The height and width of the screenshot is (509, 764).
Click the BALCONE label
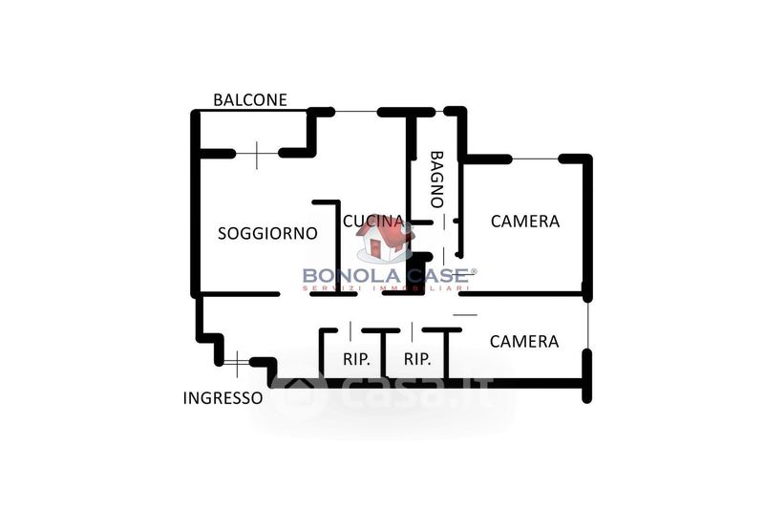point(249,99)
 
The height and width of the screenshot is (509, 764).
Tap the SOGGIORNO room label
point(267,233)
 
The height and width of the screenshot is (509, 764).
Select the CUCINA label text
point(372,221)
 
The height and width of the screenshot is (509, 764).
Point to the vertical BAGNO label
point(436,179)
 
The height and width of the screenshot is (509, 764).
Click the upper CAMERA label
point(524,221)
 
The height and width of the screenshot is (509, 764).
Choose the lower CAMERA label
point(523,341)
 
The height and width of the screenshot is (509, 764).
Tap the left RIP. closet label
point(357,360)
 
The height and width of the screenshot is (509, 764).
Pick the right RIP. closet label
point(417,360)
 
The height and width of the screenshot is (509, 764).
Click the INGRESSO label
point(223,398)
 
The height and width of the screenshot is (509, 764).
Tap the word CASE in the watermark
point(435,276)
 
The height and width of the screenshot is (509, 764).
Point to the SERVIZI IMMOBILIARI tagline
point(386,288)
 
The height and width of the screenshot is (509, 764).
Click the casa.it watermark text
point(411,392)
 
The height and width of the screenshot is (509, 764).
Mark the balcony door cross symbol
point(257,154)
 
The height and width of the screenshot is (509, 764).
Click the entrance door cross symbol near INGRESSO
point(236,361)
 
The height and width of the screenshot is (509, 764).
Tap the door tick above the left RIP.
point(350,330)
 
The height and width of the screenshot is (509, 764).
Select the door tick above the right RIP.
point(412,330)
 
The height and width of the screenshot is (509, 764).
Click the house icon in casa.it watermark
point(304,392)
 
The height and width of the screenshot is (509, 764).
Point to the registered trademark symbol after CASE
point(473,270)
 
